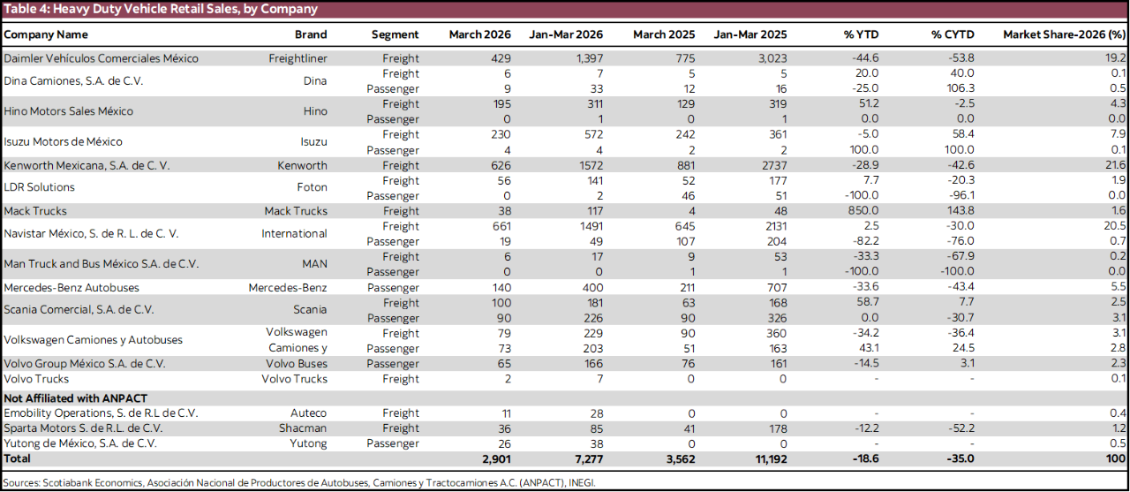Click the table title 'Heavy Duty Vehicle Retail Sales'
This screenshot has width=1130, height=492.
click(160, 9)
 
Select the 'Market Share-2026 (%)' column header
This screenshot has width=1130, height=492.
click(1064, 34)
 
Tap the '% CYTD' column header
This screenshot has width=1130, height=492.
click(953, 34)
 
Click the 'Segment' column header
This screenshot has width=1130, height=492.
click(395, 34)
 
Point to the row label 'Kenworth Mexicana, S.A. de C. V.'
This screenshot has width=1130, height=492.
click(87, 165)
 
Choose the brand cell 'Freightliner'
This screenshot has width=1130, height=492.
click(298, 58)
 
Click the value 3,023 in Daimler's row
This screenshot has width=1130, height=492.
click(769, 58)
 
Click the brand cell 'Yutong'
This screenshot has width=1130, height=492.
click(309, 443)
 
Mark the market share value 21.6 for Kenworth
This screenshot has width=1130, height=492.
click(1116, 165)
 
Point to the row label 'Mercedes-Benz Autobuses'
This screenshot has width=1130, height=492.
click(72, 287)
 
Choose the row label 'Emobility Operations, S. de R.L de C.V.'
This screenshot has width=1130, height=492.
click(101, 413)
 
